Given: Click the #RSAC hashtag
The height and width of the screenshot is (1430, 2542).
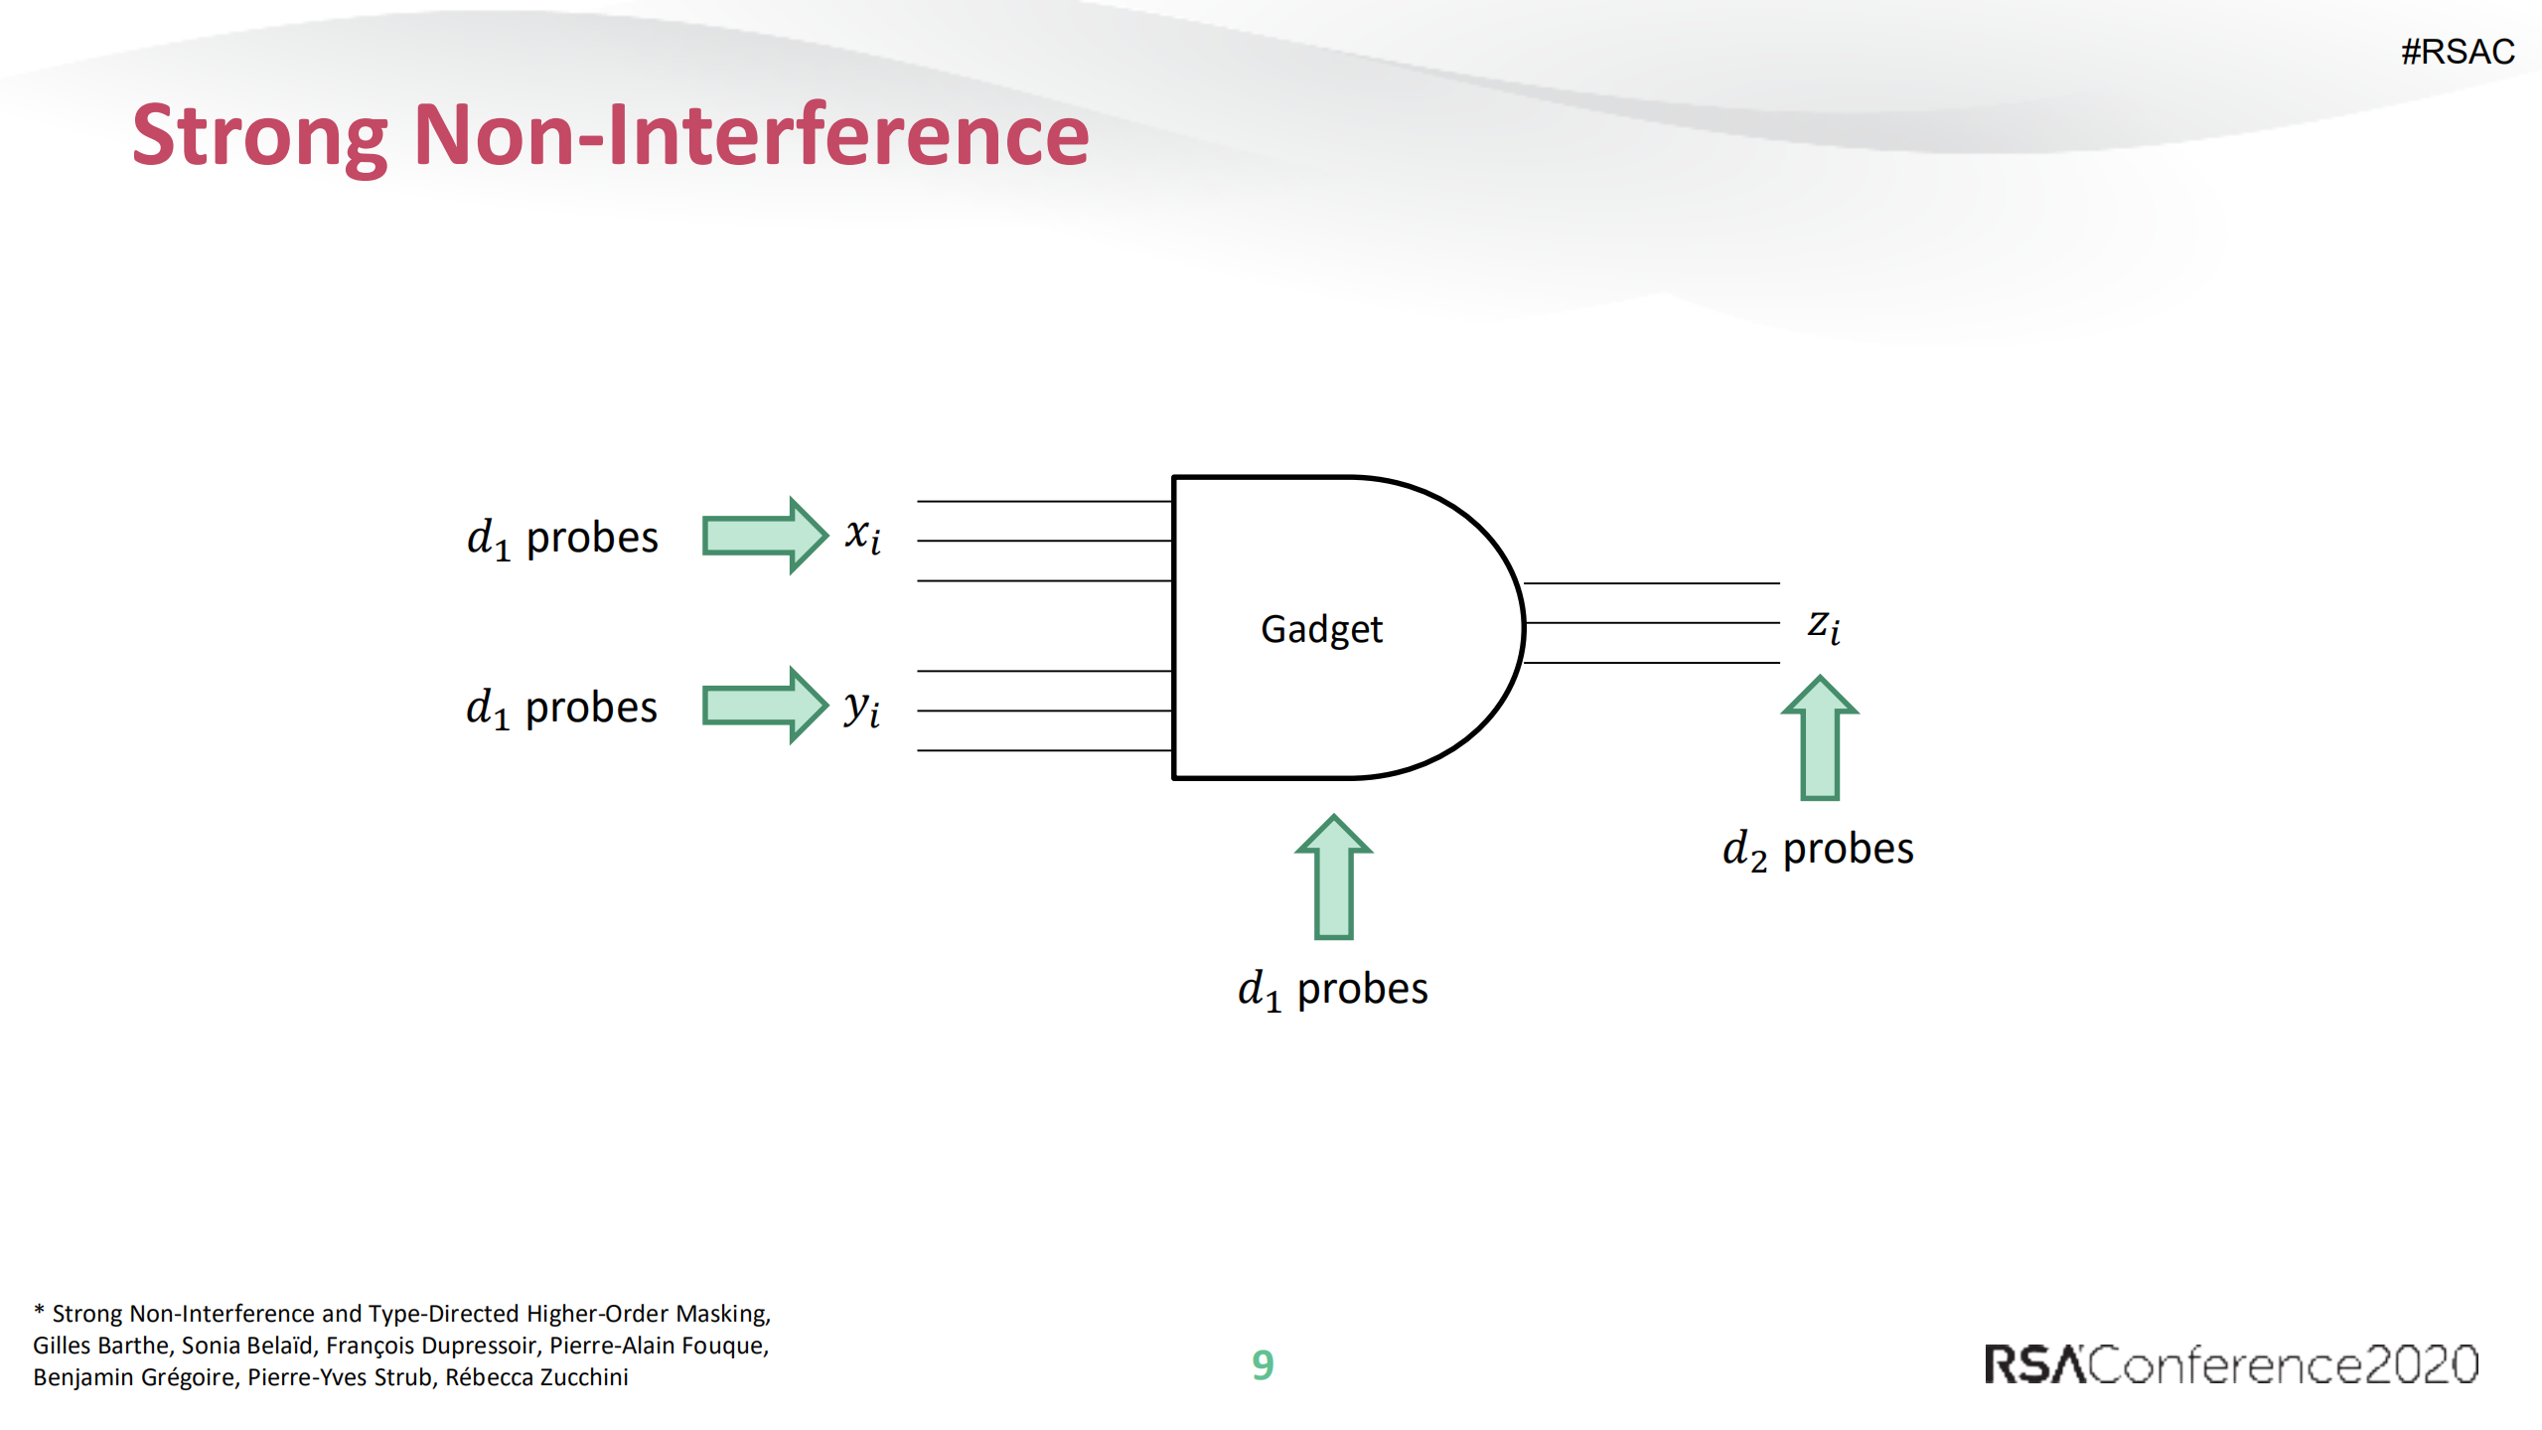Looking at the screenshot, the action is tap(2458, 52).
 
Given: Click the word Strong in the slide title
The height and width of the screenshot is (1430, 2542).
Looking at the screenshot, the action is tap(260, 138).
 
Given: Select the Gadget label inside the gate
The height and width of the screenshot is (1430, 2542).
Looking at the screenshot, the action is tap(1321, 630).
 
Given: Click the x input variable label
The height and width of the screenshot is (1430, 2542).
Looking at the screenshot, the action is tap(862, 536).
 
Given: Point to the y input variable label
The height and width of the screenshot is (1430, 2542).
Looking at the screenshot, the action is tap(861, 708).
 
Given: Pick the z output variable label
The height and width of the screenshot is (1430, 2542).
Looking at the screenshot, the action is tap(1824, 626).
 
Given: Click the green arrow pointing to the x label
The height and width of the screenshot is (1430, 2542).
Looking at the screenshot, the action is tap(765, 536).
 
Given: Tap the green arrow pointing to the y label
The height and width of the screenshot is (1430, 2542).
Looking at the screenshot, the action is tap(765, 706).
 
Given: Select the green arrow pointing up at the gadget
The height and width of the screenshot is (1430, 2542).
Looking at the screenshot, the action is tap(1333, 876).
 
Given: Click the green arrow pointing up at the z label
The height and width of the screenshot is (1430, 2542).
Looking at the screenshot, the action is tap(1820, 737).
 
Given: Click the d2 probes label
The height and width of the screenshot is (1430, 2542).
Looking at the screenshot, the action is tap(1818, 850).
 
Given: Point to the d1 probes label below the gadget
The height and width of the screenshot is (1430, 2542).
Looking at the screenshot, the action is tap(1333, 990).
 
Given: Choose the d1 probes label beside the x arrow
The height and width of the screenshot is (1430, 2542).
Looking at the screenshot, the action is tap(562, 539).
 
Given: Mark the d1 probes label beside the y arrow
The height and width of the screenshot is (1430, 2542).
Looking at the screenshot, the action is tap(562, 709).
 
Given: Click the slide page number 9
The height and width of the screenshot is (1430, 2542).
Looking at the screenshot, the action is tap(1263, 1365).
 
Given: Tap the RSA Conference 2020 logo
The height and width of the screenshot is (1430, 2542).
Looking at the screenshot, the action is tap(2231, 1364).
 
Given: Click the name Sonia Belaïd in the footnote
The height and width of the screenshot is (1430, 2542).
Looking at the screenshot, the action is tap(247, 1346).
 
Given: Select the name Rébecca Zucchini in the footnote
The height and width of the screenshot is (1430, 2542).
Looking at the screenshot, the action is tap(536, 1377).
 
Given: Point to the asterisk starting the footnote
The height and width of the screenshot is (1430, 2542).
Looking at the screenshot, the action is tap(39, 1311).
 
